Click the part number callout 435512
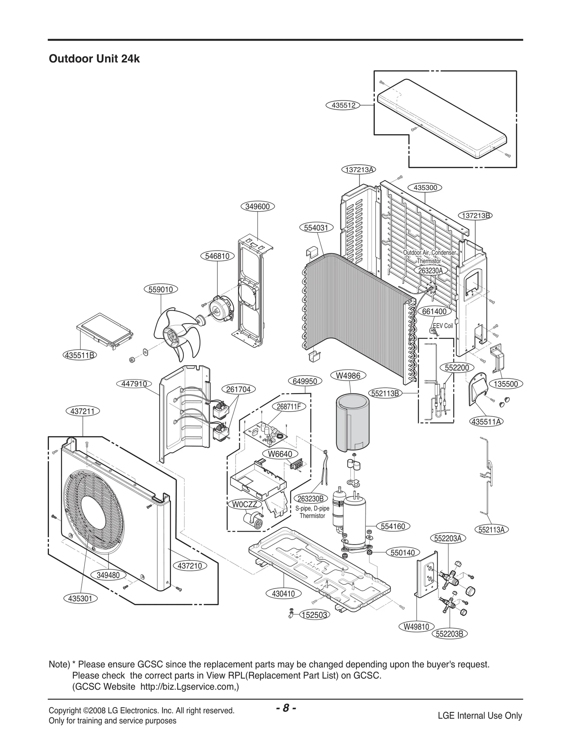click(343, 105)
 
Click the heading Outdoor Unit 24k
click(94, 59)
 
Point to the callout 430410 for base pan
click(283, 594)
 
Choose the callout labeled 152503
click(314, 615)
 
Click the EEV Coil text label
click(443, 326)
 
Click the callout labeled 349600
click(257, 207)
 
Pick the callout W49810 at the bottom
click(416, 627)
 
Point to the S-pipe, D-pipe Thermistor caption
click(312, 512)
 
